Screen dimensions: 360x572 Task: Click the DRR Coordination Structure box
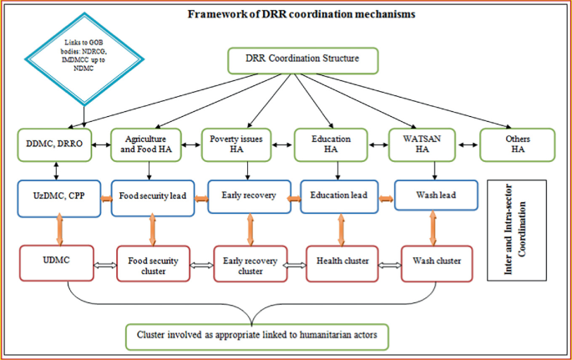[303, 60]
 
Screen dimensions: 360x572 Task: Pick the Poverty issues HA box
[241, 145]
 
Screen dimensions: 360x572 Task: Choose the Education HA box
[336, 145]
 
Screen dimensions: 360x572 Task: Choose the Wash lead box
[431, 197]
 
